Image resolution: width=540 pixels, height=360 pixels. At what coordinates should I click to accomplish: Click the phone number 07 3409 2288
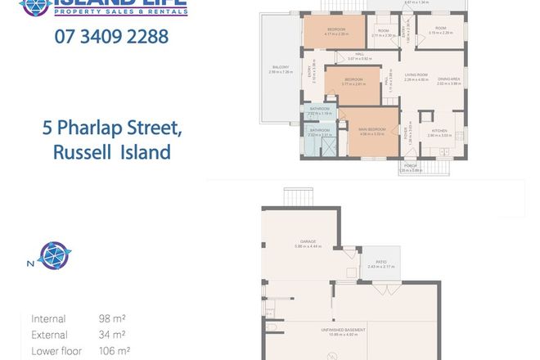click(x=111, y=37)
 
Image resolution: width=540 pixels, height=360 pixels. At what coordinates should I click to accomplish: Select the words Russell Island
click(x=111, y=151)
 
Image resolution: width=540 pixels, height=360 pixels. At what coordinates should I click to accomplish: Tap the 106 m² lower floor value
click(x=114, y=351)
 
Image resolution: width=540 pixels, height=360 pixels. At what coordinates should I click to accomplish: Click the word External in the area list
click(x=48, y=335)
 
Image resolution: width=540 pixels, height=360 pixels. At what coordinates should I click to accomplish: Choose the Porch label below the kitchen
click(x=412, y=168)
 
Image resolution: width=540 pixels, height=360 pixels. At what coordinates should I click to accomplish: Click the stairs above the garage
click(x=300, y=197)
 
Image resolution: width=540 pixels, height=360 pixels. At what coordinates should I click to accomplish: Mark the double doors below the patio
click(x=382, y=290)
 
